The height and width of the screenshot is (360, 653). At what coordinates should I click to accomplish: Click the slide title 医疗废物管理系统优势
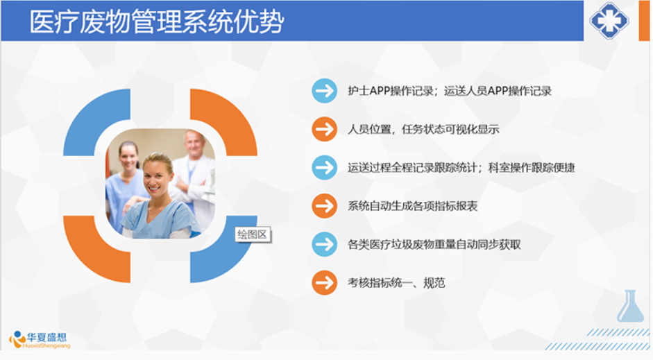pos(157,22)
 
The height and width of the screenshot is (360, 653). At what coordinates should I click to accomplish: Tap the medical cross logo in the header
pos(609,20)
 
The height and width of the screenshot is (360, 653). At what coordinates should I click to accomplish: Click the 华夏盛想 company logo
pos(40,340)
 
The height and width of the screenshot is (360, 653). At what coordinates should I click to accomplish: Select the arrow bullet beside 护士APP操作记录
pos(324,91)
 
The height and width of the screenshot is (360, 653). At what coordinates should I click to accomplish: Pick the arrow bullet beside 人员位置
pos(324,129)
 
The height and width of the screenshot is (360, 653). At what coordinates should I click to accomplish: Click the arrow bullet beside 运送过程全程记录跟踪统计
pos(324,168)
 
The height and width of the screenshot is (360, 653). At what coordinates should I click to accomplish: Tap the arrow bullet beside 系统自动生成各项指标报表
pos(324,206)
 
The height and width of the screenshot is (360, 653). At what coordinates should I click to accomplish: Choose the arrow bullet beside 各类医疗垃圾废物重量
pos(324,244)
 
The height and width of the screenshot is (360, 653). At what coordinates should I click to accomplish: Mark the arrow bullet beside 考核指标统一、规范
pos(324,283)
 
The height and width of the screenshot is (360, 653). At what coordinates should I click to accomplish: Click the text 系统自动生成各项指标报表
pos(412,206)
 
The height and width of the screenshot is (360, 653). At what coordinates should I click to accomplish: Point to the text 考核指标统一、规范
pos(396,283)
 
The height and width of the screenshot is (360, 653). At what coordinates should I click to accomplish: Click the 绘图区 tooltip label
pos(253,234)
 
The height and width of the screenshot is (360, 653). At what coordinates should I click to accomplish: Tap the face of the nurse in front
pos(158,176)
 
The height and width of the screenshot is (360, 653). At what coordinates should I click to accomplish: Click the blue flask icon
pos(630,306)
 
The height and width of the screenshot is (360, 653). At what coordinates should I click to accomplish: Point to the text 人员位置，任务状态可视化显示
pos(423,130)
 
